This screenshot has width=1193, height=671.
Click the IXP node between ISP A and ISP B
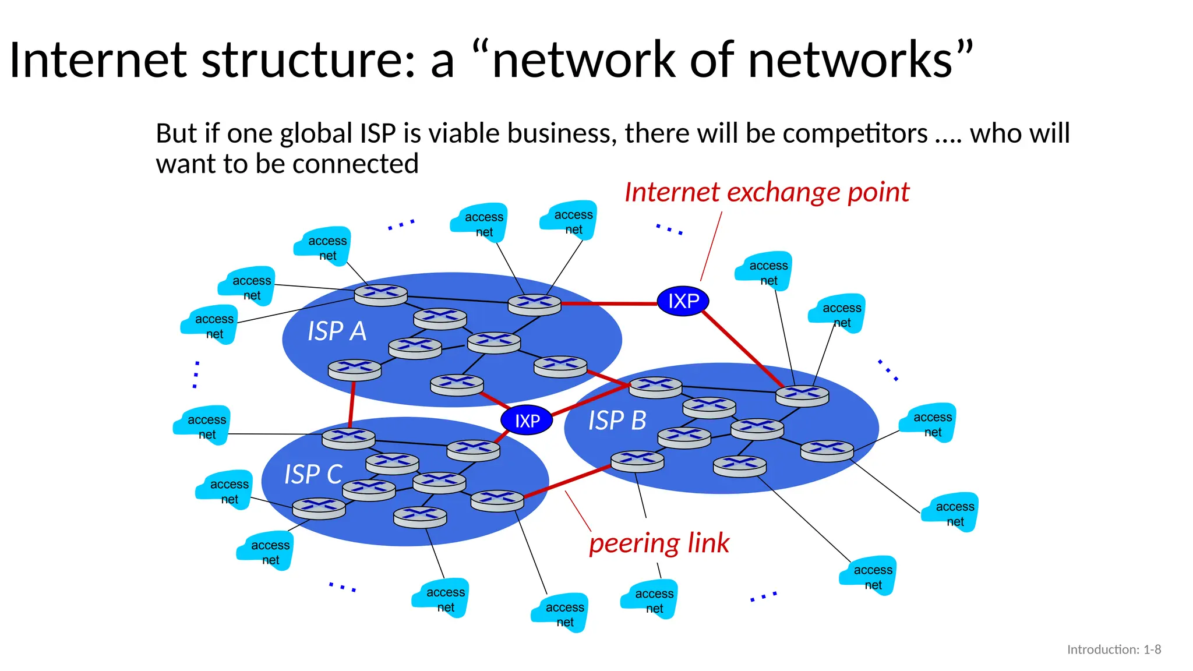click(683, 301)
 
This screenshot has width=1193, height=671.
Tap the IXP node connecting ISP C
click(527, 421)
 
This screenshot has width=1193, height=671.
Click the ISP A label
click(337, 331)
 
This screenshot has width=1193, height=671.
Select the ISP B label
click(617, 421)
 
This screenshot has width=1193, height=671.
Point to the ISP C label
click(313, 474)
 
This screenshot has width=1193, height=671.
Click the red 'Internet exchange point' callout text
click(767, 192)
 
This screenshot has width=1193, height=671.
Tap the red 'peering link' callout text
click(659, 543)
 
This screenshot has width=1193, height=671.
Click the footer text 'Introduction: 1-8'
click(1114, 649)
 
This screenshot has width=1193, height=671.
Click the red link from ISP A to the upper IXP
click(609, 303)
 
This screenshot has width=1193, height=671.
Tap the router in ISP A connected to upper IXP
click(534, 304)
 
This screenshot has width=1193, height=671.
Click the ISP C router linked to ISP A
click(348, 438)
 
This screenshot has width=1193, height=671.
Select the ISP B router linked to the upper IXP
click(802, 395)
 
